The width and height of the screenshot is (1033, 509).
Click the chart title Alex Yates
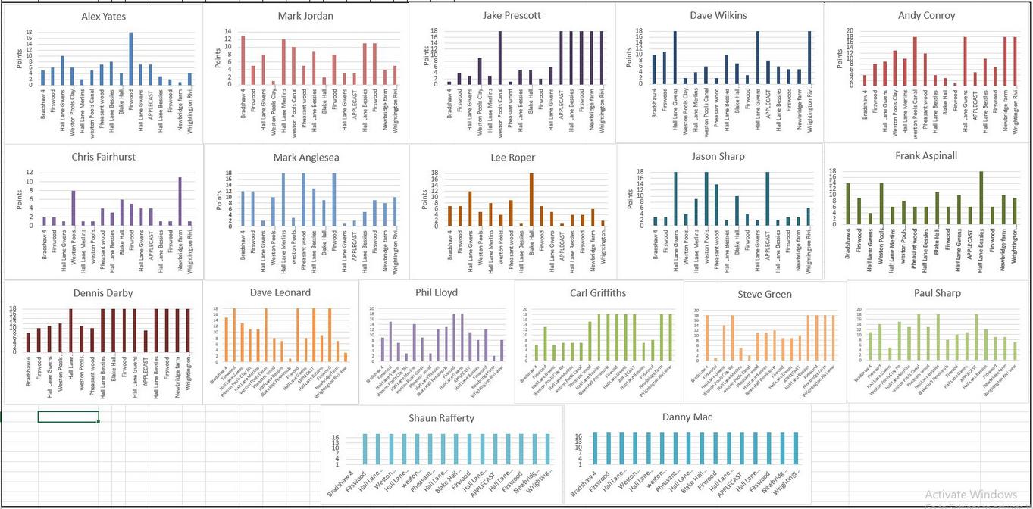[104, 15]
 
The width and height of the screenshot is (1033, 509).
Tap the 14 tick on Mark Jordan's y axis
[228, 31]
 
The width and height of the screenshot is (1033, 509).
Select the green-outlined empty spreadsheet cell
[68, 417]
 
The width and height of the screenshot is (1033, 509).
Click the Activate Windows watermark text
[970, 494]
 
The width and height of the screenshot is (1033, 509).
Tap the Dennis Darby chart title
[103, 292]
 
